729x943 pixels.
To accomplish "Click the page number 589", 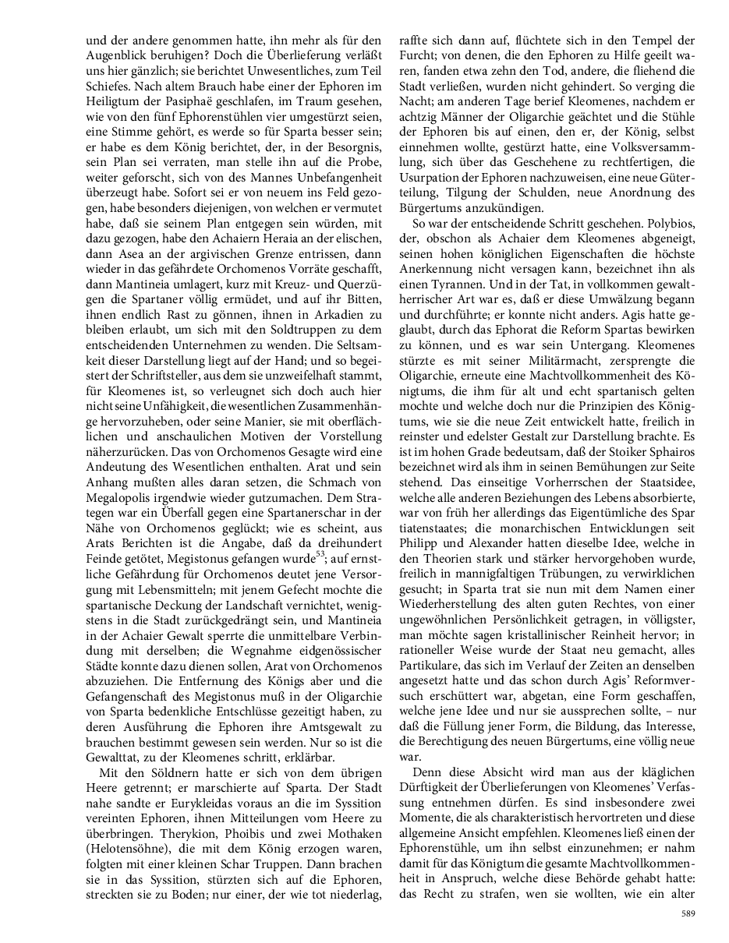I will (687, 913).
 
